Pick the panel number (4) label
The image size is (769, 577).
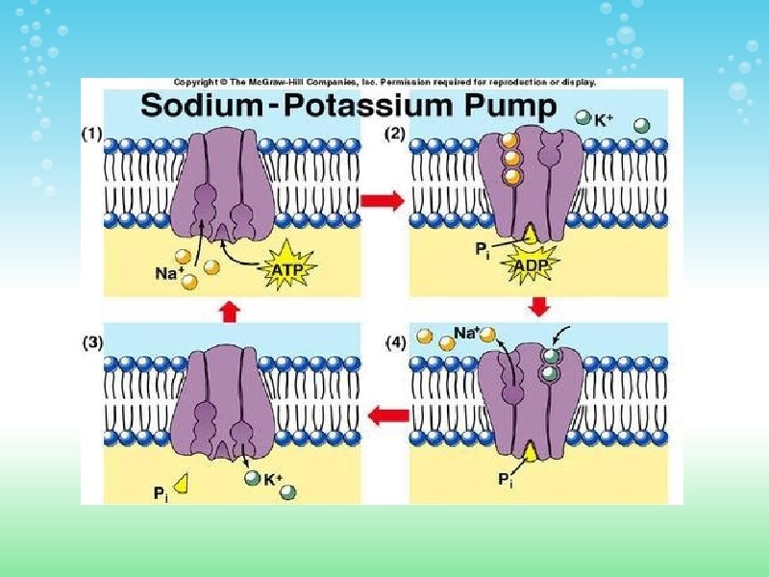pyautogui.click(x=396, y=341)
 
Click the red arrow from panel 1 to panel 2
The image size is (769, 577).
pyautogui.click(x=383, y=200)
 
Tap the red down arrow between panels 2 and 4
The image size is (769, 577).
pyautogui.click(x=539, y=306)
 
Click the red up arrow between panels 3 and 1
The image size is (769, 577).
pyautogui.click(x=229, y=310)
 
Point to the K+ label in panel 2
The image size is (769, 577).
pyautogui.click(x=604, y=121)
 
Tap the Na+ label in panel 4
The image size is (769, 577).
pyautogui.click(x=467, y=333)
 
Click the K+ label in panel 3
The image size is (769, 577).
pyautogui.click(x=275, y=478)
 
